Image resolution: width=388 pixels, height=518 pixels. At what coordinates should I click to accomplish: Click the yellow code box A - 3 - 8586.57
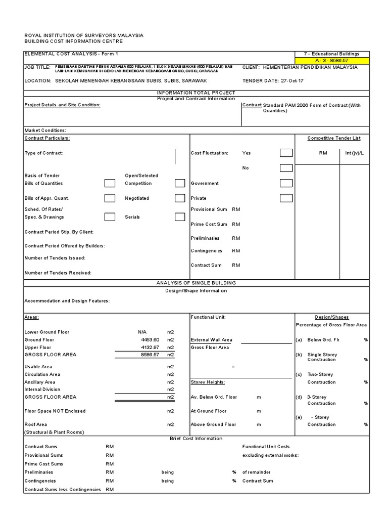tap(332, 61)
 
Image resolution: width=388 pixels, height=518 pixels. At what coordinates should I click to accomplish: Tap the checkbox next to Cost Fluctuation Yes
tap(286, 153)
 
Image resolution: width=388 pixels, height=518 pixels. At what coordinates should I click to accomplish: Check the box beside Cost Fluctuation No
tap(286, 168)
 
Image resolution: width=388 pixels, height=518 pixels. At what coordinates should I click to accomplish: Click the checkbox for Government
tap(286, 183)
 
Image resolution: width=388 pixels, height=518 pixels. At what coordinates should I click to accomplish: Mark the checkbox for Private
tap(286, 198)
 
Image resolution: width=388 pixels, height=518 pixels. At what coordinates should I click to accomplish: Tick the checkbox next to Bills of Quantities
tap(110, 183)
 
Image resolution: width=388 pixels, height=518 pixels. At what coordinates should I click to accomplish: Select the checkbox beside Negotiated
tap(180, 198)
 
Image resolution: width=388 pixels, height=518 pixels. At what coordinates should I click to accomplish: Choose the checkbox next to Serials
tap(180, 217)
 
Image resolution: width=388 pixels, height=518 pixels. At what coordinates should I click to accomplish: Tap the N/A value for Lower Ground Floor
tap(142, 332)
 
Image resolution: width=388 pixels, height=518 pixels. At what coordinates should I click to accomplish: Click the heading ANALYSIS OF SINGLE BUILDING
tap(196, 283)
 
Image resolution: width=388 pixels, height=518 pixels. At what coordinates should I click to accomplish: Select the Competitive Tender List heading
tap(334, 138)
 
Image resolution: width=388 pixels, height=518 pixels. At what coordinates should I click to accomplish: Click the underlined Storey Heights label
tap(208, 382)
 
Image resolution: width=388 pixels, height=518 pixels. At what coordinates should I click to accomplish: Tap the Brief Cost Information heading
tap(196, 438)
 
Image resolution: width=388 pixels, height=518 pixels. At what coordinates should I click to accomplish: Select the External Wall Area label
tap(211, 340)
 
